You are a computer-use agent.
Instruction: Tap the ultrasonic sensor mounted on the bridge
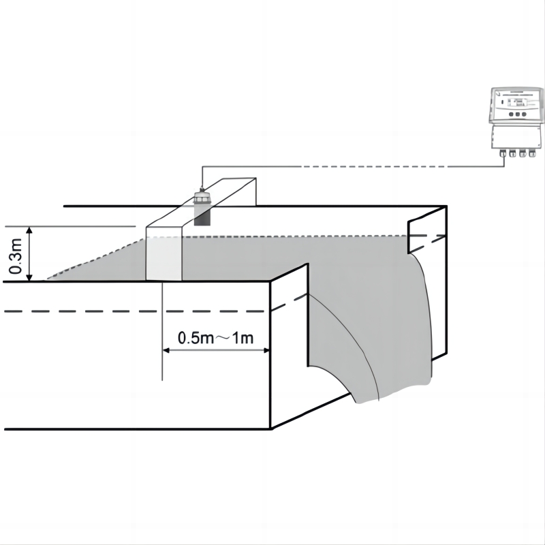coord(202,204)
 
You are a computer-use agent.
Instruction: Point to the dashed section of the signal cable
coord(381,166)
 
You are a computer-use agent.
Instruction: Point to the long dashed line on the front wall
coord(136,311)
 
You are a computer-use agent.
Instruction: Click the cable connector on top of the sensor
coord(201,189)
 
